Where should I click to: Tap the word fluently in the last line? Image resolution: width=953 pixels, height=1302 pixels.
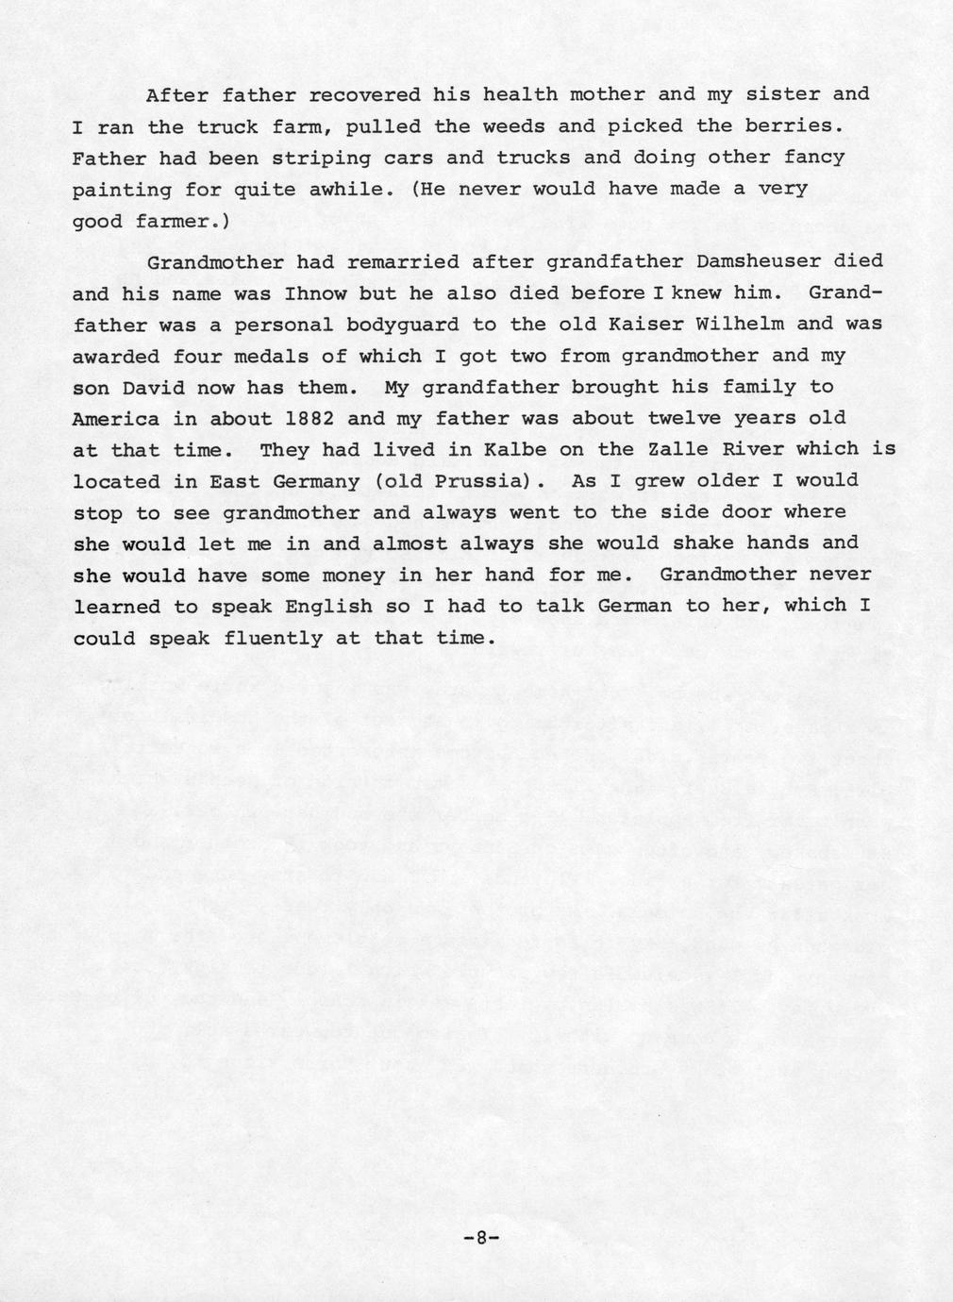[273, 639]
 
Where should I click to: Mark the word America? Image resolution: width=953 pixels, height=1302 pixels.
[115, 418]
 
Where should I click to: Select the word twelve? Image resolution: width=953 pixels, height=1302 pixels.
[683, 418]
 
